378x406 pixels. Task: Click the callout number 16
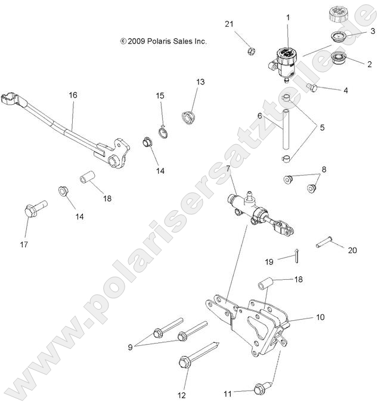[73, 95]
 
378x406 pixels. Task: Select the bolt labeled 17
[33, 211]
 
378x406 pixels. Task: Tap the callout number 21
[229, 24]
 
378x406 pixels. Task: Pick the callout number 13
[200, 82]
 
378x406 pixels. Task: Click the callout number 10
[320, 317]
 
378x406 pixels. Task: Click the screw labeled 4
[311, 88]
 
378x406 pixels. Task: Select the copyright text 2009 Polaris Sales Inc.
[163, 42]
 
